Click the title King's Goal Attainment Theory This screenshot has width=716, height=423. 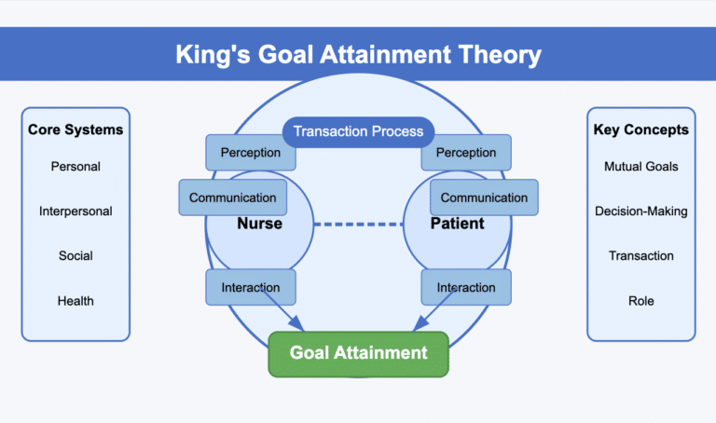point(358,54)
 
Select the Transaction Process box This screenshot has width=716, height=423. point(358,131)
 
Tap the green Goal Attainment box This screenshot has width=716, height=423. point(358,352)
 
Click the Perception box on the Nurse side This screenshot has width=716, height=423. point(250,153)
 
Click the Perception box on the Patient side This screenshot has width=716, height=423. point(466,153)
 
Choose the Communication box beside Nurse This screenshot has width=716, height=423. point(232,198)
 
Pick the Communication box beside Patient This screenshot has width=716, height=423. point(484,198)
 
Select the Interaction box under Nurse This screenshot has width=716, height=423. point(250,287)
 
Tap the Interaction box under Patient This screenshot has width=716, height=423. point(466,287)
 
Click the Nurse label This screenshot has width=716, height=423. point(259,224)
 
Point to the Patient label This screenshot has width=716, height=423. point(457,224)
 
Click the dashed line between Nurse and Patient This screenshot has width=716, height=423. point(358,225)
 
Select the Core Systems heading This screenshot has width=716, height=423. point(76,130)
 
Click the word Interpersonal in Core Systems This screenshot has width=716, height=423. point(76,211)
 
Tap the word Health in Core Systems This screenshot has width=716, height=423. point(76,300)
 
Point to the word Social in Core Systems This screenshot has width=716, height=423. point(76,255)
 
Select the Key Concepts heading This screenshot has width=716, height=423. point(640,130)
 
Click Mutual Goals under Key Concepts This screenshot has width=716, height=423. point(640,167)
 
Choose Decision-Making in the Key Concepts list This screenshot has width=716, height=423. point(640,211)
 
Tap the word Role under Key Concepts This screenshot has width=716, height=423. point(640,300)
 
